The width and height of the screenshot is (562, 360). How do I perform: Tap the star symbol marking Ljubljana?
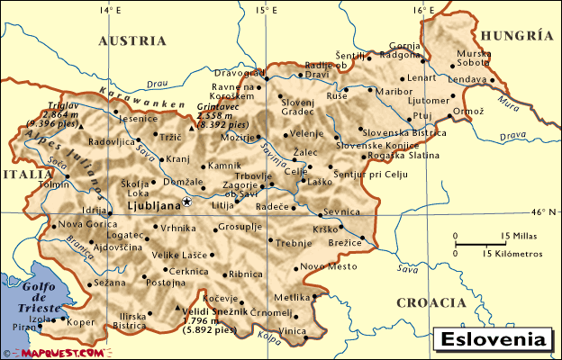tap(186, 202)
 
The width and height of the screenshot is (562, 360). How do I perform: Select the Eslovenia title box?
tap(494, 341)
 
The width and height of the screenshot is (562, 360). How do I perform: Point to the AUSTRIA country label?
tap(132, 40)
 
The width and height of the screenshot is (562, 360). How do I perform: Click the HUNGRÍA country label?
tap(516, 36)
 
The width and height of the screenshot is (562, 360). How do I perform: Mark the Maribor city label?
tap(394, 91)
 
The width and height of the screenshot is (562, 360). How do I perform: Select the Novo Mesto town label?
tap(323, 265)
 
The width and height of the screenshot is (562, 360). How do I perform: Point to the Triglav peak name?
tap(42, 106)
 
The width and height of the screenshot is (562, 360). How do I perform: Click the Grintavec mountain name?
tap(215, 106)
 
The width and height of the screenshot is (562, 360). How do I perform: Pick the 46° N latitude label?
tap(544, 212)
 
